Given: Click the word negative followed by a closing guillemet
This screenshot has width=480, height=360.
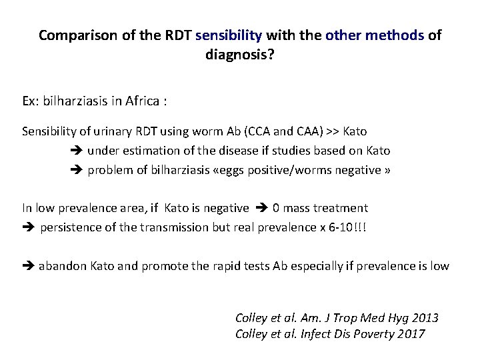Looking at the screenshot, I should click(x=357, y=170).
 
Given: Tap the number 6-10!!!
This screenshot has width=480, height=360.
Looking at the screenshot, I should click(x=347, y=228).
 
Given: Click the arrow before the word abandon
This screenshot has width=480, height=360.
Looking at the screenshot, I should click(x=29, y=266).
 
